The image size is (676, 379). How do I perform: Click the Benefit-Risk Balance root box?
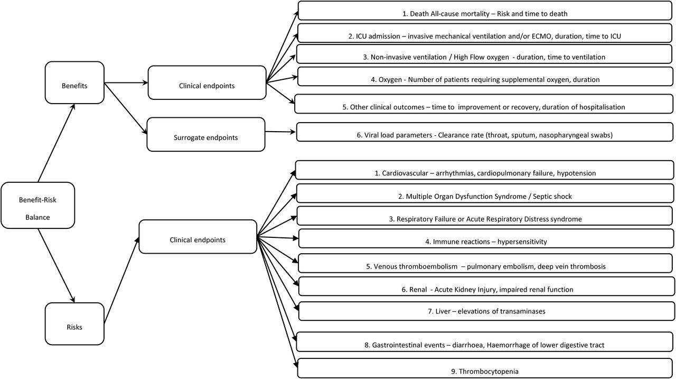(x=37, y=205)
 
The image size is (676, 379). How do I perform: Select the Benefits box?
(x=74, y=82)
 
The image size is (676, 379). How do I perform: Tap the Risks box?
(x=74, y=323)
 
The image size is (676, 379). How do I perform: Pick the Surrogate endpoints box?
(x=206, y=134)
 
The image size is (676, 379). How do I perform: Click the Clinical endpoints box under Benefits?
(x=207, y=82)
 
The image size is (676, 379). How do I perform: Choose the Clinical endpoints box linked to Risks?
(x=198, y=236)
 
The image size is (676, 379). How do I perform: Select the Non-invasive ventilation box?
(x=484, y=54)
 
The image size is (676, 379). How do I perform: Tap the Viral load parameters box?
(x=485, y=132)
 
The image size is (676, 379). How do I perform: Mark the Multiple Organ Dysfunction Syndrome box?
(x=485, y=193)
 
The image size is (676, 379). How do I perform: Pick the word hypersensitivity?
(x=522, y=242)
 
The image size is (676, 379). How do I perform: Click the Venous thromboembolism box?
(x=486, y=263)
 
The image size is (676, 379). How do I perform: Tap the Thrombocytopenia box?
(x=486, y=368)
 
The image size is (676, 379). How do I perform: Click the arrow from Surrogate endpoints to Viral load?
(x=280, y=132)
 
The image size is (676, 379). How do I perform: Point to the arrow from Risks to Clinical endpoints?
(x=121, y=281)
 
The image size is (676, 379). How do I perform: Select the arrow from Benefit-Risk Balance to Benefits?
(x=57, y=143)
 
